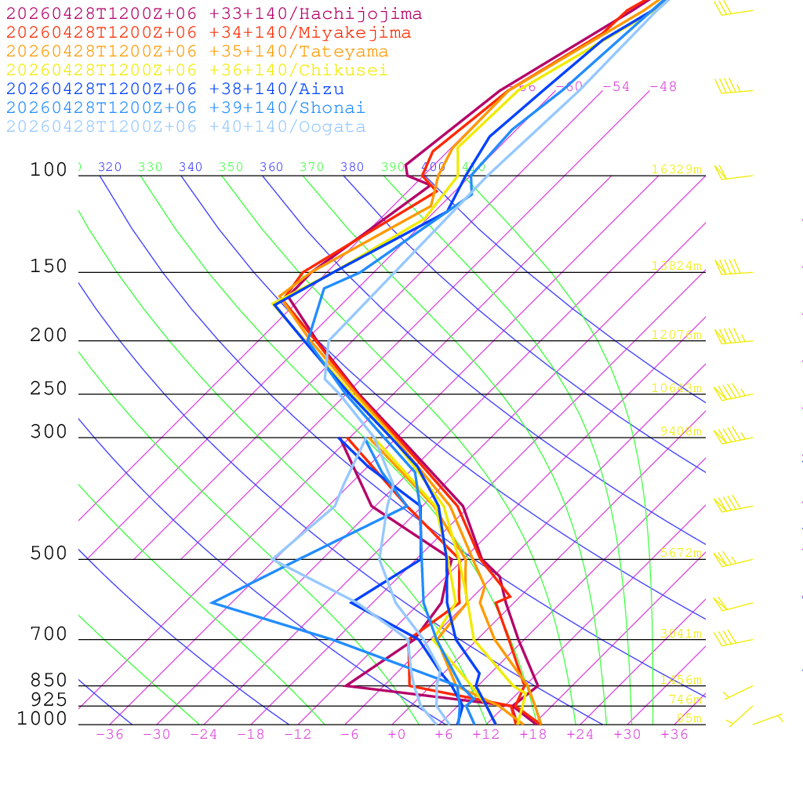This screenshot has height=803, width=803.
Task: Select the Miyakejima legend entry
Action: [x=209, y=33]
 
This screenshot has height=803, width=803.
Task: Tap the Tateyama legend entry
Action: [x=197, y=52]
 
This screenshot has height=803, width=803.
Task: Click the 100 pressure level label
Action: [x=49, y=170]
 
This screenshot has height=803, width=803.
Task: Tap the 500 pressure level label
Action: [x=49, y=554]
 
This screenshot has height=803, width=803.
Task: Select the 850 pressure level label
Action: [x=49, y=681]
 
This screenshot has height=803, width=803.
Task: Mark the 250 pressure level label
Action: [x=49, y=389]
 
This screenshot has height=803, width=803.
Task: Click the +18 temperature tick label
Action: [x=532, y=735]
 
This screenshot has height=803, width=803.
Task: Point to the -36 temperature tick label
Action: [x=109, y=735]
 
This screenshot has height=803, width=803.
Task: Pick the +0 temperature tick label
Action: [x=396, y=735]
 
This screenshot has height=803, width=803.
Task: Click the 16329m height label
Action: [x=676, y=169]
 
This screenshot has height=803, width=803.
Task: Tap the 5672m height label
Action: [x=680, y=553]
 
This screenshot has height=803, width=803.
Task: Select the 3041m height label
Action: [x=680, y=634]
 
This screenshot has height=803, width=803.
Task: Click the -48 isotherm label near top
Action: [x=663, y=87]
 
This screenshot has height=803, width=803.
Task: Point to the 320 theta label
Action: [x=110, y=167]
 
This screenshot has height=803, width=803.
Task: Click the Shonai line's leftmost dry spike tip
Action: [x=213, y=602]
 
